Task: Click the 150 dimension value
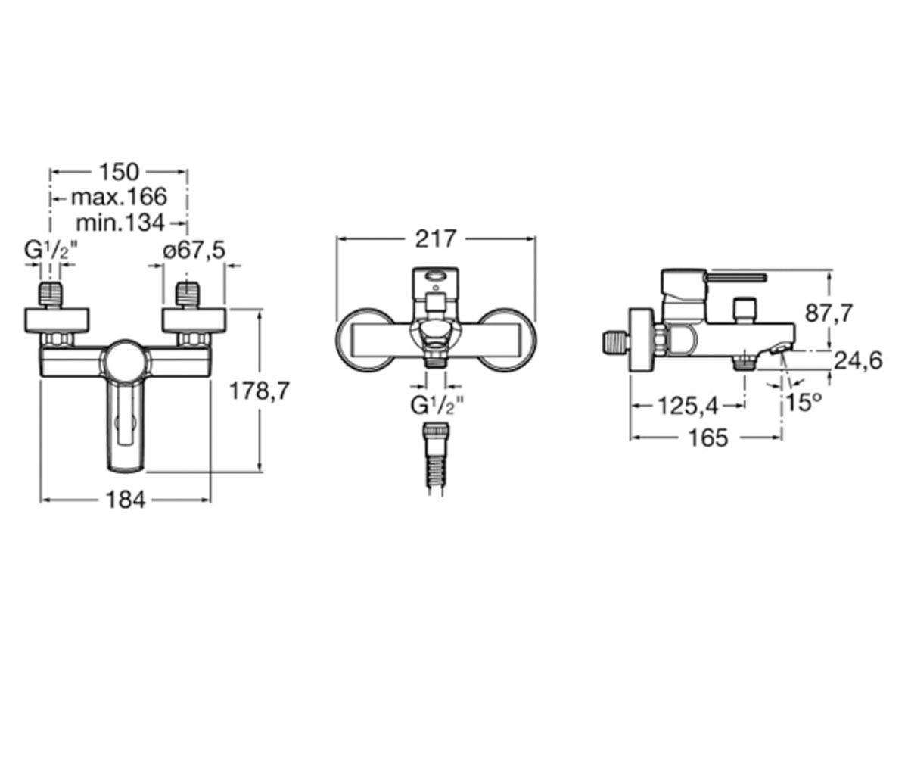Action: point(120,172)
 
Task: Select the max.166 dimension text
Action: point(119,197)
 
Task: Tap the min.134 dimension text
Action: point(120,223)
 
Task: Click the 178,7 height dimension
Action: point(260,391)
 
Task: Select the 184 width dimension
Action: point(126,500)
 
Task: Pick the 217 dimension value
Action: point(436,238)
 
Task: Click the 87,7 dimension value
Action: point(829,313)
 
